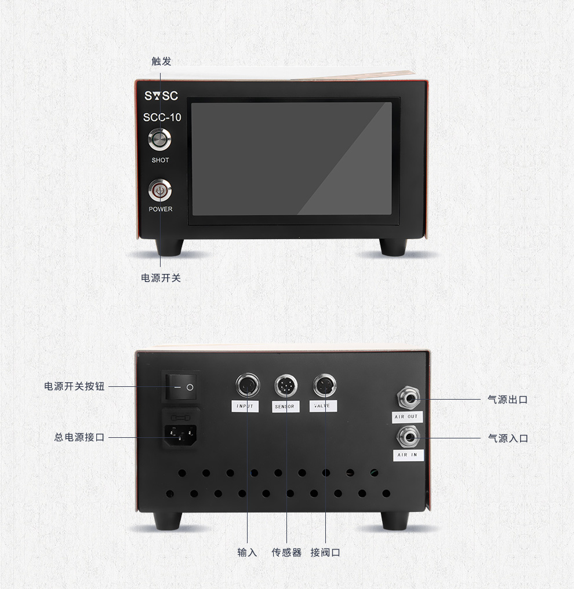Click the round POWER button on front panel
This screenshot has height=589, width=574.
click(160, 191)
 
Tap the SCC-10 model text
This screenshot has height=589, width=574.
click(162, 117)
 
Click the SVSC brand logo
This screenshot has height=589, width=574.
click(161, 96)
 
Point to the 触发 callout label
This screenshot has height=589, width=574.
click(161, 61)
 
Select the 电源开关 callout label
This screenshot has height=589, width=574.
click(161, 278)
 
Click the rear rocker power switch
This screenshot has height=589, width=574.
click(181, 386)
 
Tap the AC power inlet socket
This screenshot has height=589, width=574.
click(181, 434)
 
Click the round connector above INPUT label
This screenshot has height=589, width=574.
click(248, 385)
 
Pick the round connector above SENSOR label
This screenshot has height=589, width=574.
click(286, 386)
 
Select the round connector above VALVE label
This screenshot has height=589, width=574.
click(325, 385)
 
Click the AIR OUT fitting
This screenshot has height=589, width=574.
click(409, 398)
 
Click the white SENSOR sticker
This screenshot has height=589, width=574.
click(285, 407)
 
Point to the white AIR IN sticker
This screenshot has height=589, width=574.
click(408, 455)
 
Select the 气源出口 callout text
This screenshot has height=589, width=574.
click(508, 399)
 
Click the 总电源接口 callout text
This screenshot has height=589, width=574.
click(79, 437)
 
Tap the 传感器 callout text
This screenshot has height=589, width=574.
click(286, 553)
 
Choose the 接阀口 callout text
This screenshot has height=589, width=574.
click(325, 553)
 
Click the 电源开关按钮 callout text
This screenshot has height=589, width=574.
click(74, 386)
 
